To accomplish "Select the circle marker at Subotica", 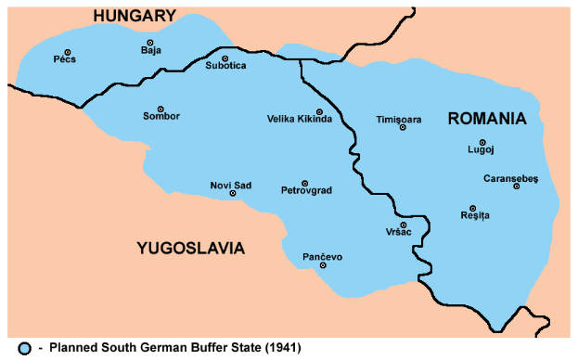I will click(225, 58).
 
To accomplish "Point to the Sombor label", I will click(161, 116).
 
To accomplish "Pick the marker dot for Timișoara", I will click(403, 127).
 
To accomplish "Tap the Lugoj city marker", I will click(482, 142).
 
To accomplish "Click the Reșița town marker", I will click(473, 208).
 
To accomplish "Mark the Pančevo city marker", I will click(323, 265).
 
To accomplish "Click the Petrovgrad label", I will click(306, 190).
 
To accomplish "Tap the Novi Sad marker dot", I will click(232, 193).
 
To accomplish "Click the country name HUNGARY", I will click(134, 16).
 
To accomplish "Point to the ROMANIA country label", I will click(486, 118).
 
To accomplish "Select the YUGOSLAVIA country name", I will click(190, 248).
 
